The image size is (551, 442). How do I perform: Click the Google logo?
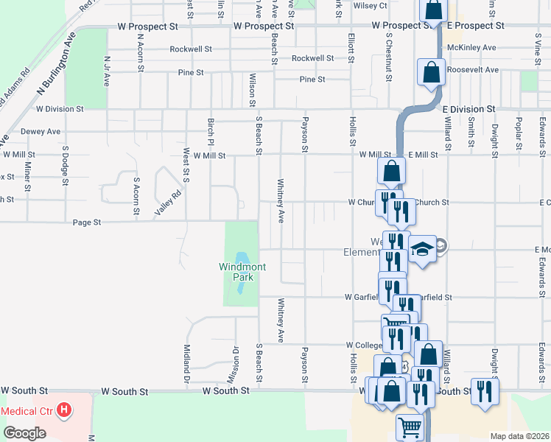pos(24,432)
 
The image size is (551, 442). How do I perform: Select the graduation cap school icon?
pos(423,249)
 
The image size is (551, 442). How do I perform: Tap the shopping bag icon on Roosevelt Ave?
pos(430,72)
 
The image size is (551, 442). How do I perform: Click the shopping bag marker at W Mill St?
pos(392,172)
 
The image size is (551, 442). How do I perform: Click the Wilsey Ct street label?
pos(371,6)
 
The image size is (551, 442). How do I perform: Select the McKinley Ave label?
pos(472,48)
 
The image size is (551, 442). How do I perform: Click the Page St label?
pos(86,222)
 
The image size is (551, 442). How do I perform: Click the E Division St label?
pos(468,109)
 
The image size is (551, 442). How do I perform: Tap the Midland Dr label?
pos(186,357)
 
